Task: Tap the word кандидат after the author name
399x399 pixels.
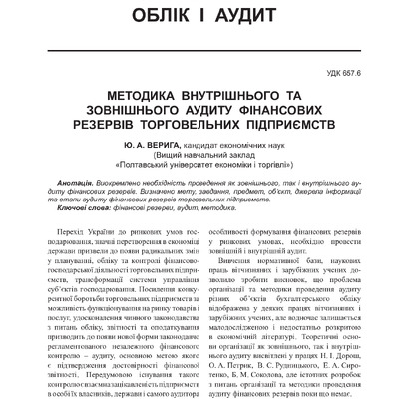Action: (x=202, y=143)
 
